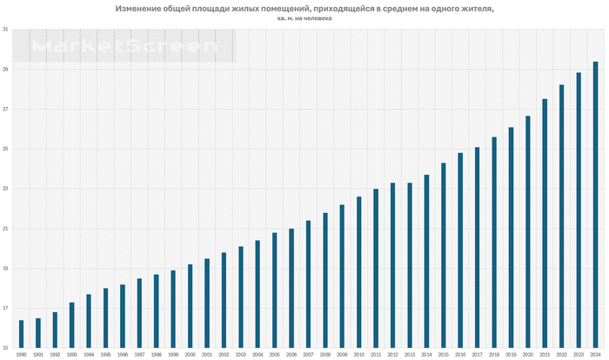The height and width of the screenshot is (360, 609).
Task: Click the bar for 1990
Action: [21, 335]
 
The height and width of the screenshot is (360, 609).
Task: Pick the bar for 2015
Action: [443, 256]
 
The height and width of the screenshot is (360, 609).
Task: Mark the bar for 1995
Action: [105, 318]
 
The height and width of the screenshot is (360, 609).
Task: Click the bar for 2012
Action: [392, 265]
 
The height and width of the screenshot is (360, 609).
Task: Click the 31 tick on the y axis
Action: [6, 30]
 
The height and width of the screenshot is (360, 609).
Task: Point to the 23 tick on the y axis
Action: [6, 189]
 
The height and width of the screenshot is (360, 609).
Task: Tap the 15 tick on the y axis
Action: [6, 349]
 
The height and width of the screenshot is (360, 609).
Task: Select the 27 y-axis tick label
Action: [6, 110]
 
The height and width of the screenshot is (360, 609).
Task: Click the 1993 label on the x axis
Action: [71, 355]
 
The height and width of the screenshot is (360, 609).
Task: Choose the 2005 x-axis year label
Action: [274, 355]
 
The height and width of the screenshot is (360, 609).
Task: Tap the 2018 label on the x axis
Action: [494, 355]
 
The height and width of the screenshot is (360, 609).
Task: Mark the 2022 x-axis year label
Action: [561, 355]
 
